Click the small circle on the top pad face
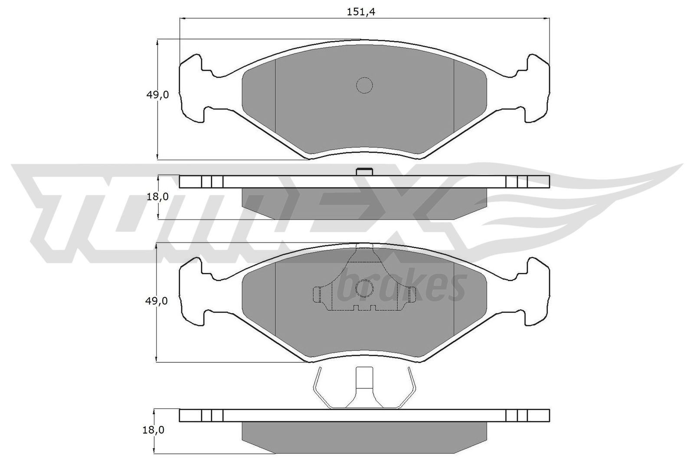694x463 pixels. [364, 85]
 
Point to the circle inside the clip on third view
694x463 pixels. [364, 288]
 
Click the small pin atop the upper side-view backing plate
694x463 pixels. [364, 172]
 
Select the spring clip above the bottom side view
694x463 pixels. [364, 387]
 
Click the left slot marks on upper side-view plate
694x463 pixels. [212, 182]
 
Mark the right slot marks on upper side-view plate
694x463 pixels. [517, 182]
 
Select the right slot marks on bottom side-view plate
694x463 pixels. [517, 415]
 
